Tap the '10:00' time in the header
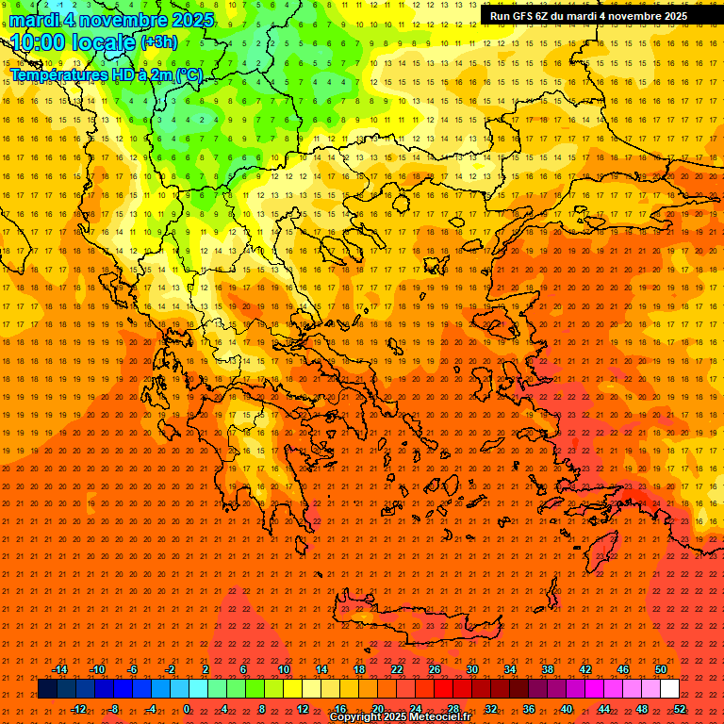click(38, 42)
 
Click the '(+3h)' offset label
click(157, 42)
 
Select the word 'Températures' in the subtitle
click(57, 74)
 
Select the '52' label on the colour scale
click(680, 709)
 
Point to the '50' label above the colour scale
click(661, 669)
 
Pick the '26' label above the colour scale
click(435, 669)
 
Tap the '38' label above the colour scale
click(548, 669)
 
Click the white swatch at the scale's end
click(669, 689)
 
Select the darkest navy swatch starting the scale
click(47, 689)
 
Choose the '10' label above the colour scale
click(284, 669)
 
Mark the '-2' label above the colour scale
click(170, 669)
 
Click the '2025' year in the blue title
click(188, 20)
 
